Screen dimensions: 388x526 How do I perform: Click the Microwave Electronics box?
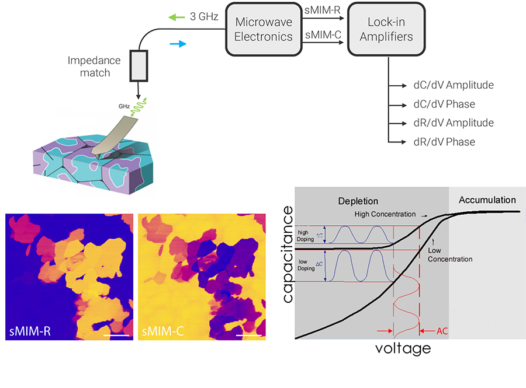point(264,29)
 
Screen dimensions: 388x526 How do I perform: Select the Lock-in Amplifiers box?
point(386,29)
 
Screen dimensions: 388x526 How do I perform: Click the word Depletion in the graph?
point(358,201)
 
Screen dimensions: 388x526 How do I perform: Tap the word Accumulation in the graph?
point(487,200)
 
